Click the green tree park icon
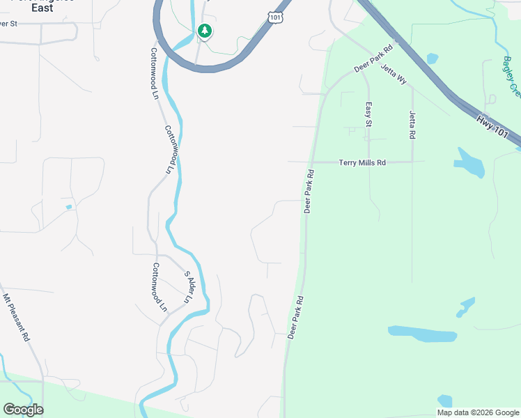coord(204,31)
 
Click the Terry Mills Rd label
coord(362,162)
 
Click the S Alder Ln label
coord(187,286)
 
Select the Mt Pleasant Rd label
coord(16,317)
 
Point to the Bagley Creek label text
coord(512,76)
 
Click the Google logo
coord(23,410)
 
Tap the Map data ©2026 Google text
coord(478,412)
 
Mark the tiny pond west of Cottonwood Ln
coord(68,207)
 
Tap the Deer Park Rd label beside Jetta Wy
coord(374,59)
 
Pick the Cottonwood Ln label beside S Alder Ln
coord(159,287)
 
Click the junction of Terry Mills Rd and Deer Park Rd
coord(311,162)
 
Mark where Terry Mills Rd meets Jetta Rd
coord(412,162)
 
